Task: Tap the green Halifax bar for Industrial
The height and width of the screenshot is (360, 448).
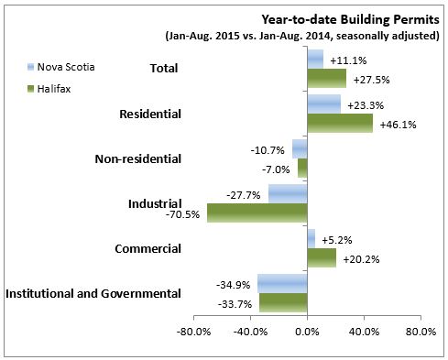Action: [257, 213]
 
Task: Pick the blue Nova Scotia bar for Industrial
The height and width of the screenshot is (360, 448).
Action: [287, 193]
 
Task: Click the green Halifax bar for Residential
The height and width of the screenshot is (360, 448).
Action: [340, 123]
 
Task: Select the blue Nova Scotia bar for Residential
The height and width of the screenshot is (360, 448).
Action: [323, 104]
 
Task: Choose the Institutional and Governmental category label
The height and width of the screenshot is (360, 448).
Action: [93, 294]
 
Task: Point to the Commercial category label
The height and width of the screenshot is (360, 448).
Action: [149, 248]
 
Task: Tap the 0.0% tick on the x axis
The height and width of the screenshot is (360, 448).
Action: [307, 331]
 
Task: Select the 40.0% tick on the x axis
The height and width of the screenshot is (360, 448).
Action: [364, 331]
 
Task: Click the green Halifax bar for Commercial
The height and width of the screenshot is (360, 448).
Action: [321, 257]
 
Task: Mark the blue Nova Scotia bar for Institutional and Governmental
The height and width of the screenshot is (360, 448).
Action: [282, 283]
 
